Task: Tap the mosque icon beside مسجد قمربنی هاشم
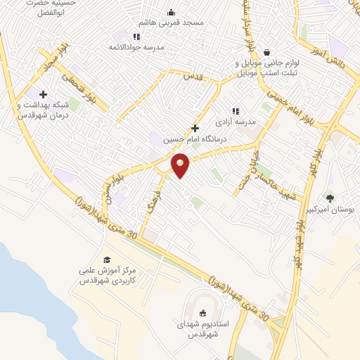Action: click(171, 12)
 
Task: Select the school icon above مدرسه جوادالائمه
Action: click(136, 36)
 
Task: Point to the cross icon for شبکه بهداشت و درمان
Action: click(44, 94)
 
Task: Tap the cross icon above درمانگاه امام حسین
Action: click(195, 128)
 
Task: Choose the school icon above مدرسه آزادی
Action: click(236, 110)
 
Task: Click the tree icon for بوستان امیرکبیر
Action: click(330, 199)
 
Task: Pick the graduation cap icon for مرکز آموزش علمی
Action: click(107, 259)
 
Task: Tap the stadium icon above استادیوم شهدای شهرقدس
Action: click(204, 314)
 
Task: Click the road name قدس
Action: click(193, 75)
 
